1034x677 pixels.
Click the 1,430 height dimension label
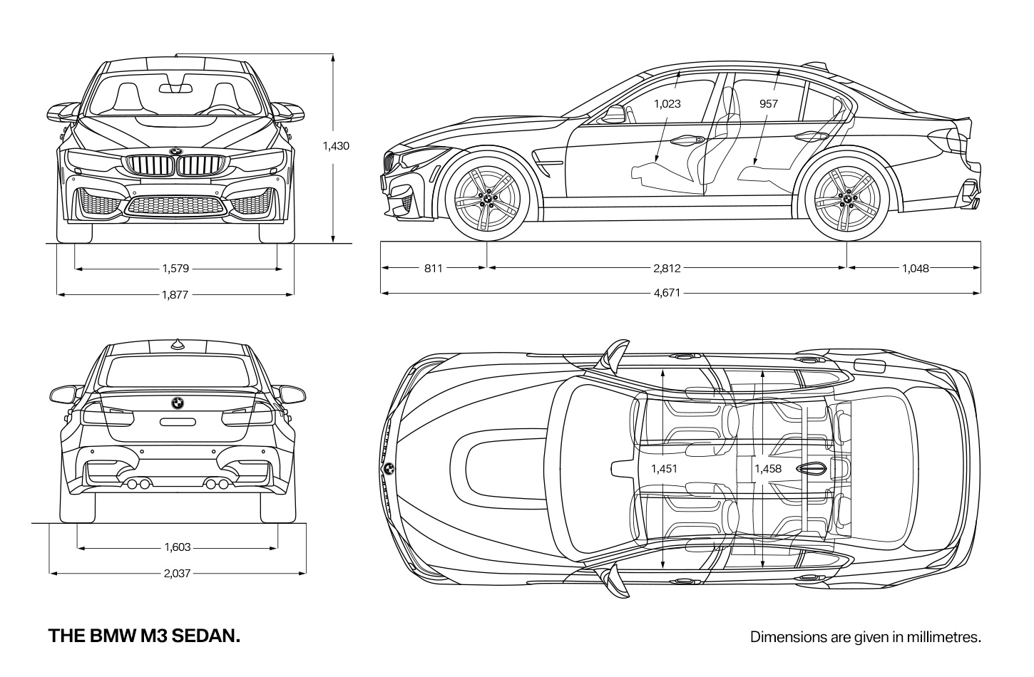336,146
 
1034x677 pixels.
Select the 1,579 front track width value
176,269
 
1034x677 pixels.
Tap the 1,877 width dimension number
175,295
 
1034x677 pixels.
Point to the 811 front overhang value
434,269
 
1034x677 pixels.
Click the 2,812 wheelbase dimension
667,269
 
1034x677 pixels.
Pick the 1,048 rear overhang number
916,269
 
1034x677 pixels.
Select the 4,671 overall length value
667,293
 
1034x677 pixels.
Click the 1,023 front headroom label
667,104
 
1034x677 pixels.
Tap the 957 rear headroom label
769,104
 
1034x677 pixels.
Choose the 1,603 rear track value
178,547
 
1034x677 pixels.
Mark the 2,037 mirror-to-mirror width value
178,574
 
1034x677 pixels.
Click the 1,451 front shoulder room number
664,469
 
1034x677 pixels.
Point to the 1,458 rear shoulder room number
768,469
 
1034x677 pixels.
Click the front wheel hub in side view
488,199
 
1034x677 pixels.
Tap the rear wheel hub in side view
847,199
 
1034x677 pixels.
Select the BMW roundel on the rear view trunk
178,403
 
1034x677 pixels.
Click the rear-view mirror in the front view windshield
176,88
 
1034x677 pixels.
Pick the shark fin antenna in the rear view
177,344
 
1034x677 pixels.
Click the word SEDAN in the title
206,636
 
